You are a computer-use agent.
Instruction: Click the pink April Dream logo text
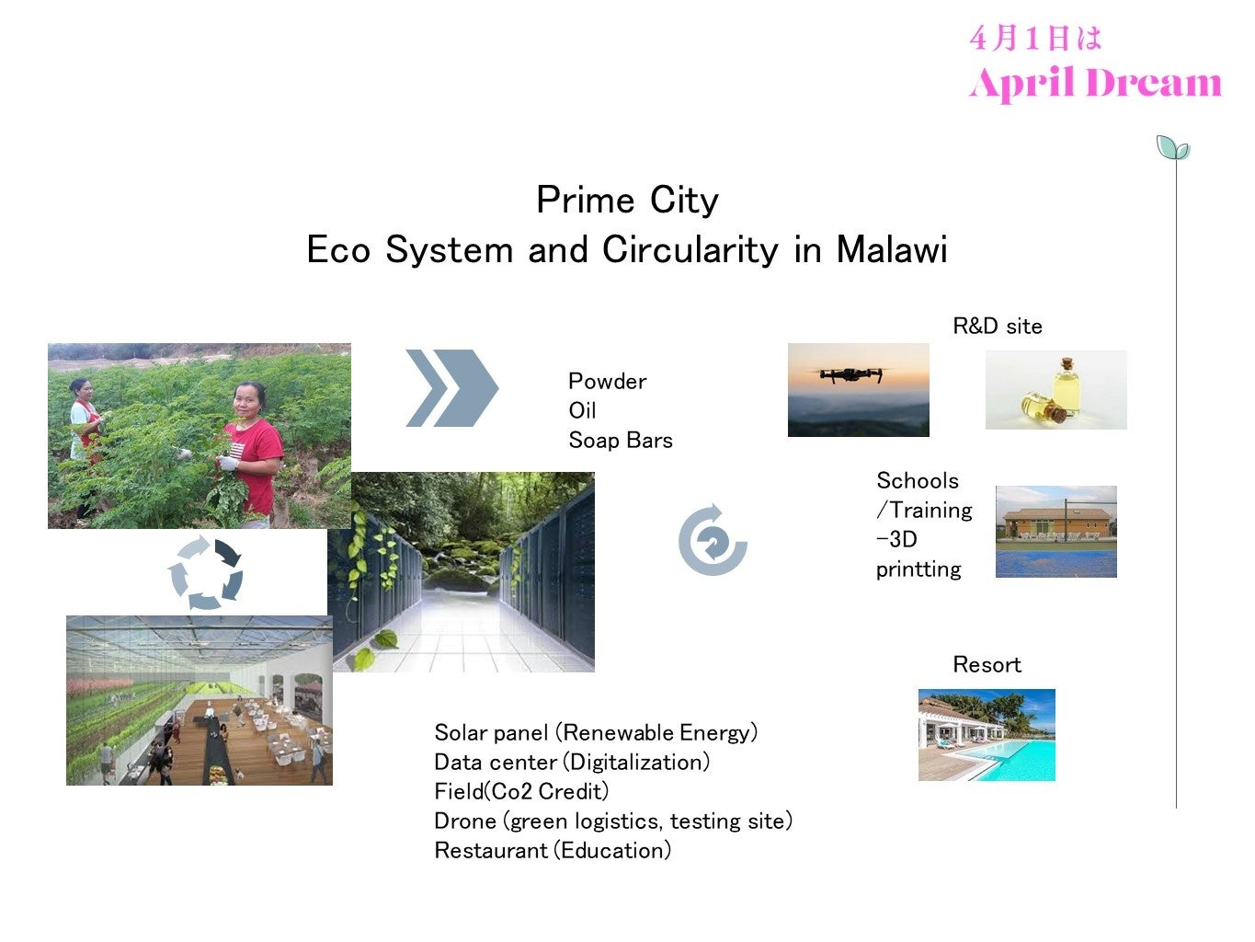pos(1095,83)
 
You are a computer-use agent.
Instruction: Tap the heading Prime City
pos(627,201)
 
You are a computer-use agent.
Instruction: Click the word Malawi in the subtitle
pos(891,250)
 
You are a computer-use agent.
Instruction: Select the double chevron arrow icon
pos(451,388)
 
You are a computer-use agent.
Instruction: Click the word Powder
pos(607,382)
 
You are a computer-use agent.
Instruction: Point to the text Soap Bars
pos(621,441)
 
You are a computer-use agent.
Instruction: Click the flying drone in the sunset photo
pos(851,374)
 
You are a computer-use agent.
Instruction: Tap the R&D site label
pos(998,326)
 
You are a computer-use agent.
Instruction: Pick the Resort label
pos(987,664)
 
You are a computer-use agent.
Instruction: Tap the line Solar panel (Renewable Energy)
pos(596,732)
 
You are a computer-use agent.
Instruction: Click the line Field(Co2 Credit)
pos(521,791)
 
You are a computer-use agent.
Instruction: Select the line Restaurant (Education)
pos(553,851)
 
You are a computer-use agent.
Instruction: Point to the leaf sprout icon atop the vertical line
pos(1172,147)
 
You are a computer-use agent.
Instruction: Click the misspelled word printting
pos(918,569)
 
